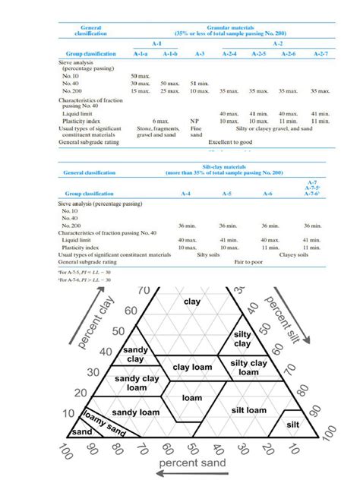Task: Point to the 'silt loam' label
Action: [x=248, y=409]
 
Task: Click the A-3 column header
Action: [x=200, y=54]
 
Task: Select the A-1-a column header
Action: [x=140, y=54]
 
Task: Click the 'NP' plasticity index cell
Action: [x=200, y=121]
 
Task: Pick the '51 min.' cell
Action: [x=200, y=83]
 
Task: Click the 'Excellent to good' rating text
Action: [x=231, y=142]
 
